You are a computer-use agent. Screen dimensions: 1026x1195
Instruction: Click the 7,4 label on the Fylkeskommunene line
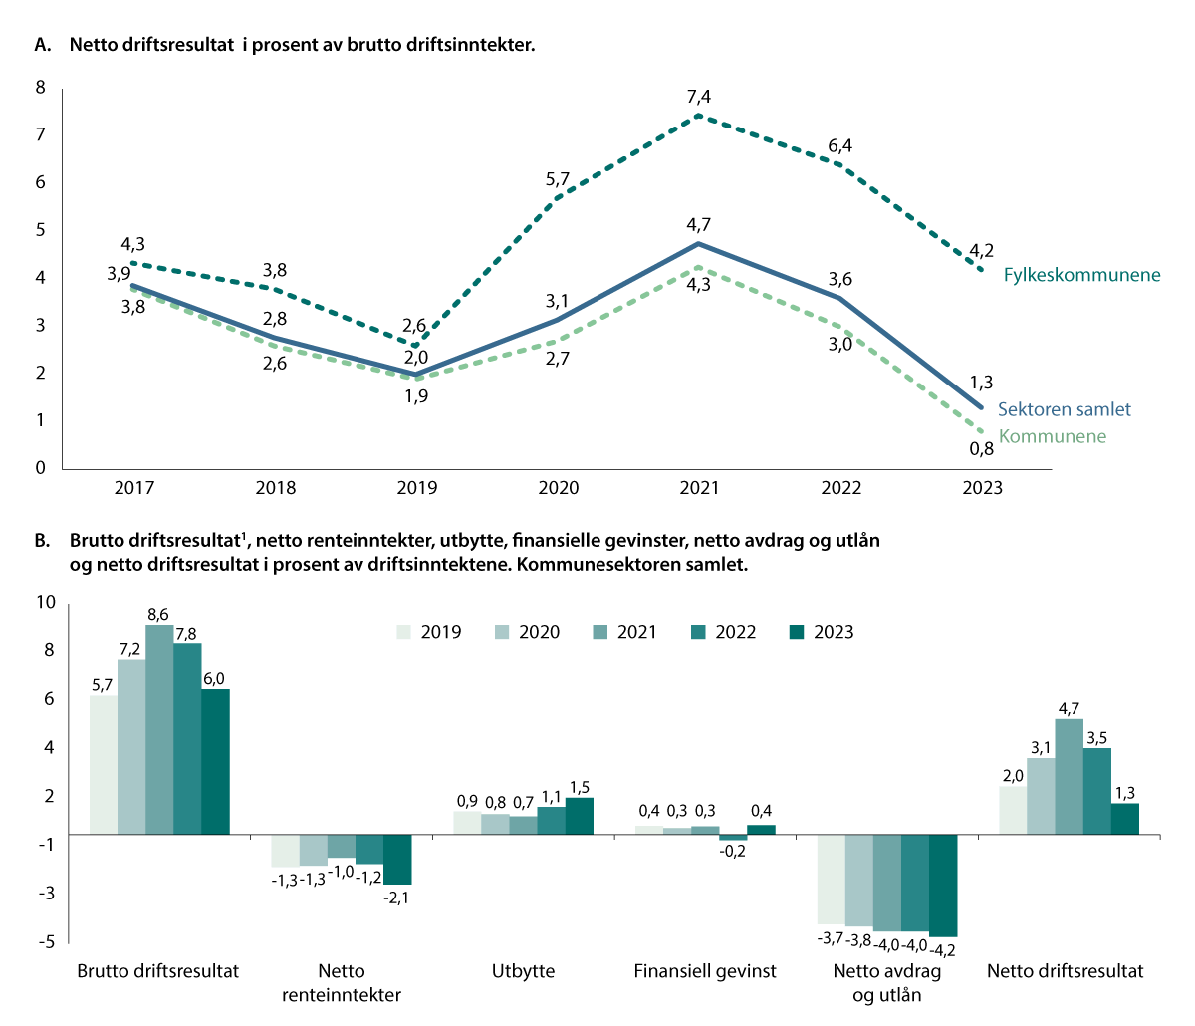click(699, 96)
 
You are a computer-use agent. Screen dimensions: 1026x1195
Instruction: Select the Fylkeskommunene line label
click(1081, 275)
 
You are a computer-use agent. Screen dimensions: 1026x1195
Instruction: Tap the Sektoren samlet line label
click(1064, 409)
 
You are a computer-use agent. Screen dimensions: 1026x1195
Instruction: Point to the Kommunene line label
click(1052, 436)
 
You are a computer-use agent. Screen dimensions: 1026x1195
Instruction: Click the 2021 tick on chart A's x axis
click(699, 488)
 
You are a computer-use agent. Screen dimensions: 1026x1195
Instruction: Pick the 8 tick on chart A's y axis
click(41, 88)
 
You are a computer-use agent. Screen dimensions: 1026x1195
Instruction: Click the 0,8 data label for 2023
click(981, 448)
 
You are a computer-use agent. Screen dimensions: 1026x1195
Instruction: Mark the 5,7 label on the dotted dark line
click(558, 179)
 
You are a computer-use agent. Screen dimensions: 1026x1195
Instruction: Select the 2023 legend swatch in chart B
click(796, 632)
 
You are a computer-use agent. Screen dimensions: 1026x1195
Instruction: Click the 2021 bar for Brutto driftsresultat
click(159, 728)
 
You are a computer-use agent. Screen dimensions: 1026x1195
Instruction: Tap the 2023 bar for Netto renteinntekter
click(397, 859)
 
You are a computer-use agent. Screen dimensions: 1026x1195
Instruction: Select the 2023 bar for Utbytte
click(580, 816)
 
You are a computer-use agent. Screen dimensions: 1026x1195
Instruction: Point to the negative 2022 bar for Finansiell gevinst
click(733, 837)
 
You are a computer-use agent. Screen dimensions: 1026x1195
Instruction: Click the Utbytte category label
click(523, 971)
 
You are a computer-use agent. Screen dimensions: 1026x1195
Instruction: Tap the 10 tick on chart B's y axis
click(46, 602)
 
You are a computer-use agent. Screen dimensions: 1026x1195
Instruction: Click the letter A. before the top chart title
click(42, 45)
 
